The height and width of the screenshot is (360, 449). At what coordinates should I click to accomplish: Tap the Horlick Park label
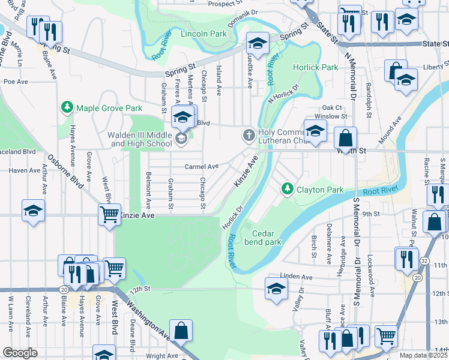tap(315, 68)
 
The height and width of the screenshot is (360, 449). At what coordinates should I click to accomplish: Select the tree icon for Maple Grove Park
tap(67, 108)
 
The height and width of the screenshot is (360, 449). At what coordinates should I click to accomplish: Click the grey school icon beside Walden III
tap(181, 139)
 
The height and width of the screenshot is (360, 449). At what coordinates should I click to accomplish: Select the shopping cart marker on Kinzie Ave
tap(109, 214)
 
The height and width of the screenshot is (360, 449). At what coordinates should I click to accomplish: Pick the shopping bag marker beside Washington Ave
tap(181, 329)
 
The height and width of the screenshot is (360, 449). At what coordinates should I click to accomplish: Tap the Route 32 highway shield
tap(424, 261)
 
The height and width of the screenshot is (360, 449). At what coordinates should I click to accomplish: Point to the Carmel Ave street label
tap(201, 167)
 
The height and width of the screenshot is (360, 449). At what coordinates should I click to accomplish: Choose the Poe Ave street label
tap(16, 81)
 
